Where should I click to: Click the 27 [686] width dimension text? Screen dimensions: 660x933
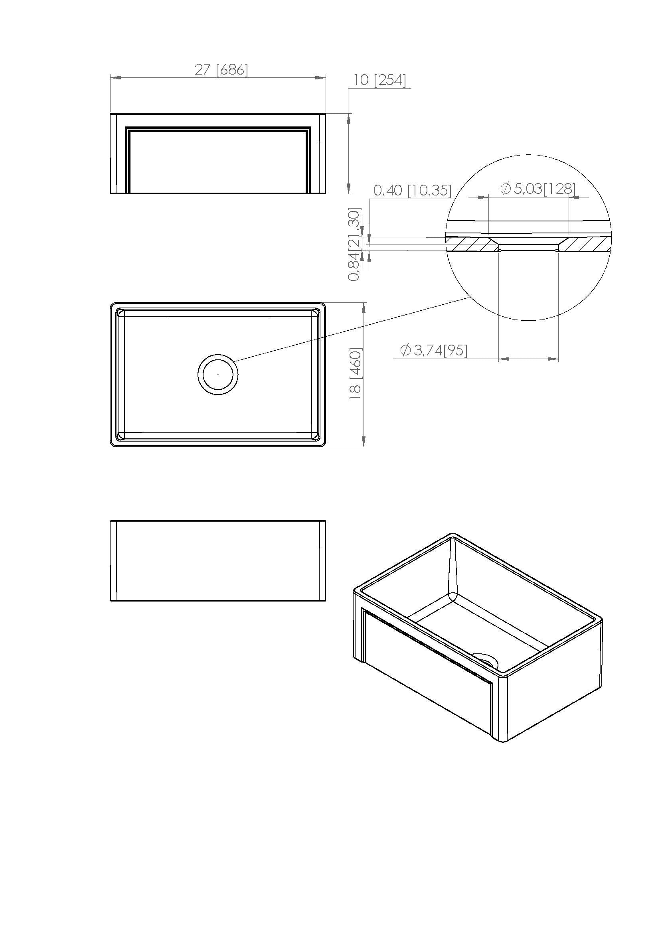point(221,70)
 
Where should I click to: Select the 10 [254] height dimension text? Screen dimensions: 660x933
point(379,80)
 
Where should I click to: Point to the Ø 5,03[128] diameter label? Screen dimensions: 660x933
point(538,188)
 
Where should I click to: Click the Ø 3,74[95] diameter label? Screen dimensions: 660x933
point(434,350)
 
